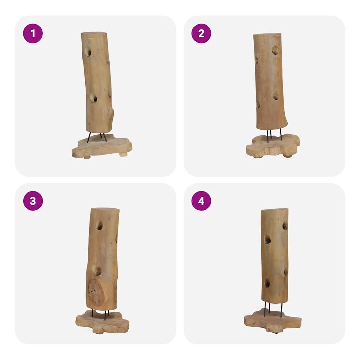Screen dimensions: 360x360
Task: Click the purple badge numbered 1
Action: (x=33, y=33)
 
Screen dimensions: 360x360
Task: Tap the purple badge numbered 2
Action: (x=201, y=33)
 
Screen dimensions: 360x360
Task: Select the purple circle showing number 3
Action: (x=33, y=201)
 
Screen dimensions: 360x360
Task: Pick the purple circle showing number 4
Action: (x=201, y=201)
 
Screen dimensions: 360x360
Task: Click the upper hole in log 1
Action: (x=87, y=52)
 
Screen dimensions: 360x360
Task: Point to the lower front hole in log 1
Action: (x=93, y=98)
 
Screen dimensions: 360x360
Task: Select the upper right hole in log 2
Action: (x=275, y=50)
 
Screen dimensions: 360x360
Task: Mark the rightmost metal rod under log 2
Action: (x=281, y=135)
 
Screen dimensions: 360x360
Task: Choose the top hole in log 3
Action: (x=99, y=225)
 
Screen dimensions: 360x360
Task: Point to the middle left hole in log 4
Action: (x=267, y=240)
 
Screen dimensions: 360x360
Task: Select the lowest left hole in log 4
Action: (x=266, y=283)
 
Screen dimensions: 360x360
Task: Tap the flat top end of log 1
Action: (x=94, y=33)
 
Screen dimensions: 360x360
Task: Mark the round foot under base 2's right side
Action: (x=288, y=156)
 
